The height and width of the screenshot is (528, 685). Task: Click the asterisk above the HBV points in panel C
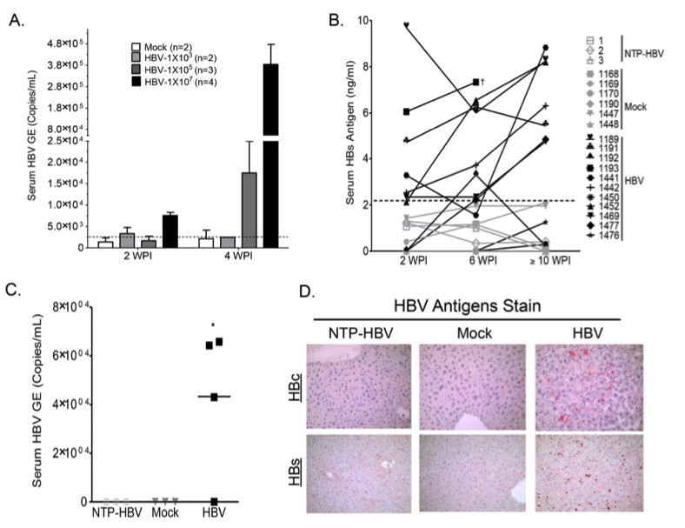[x=213, y=326]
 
